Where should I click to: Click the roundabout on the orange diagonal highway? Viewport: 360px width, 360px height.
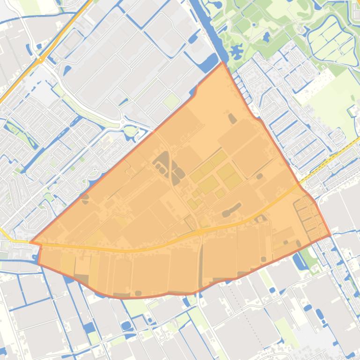coord(41,59)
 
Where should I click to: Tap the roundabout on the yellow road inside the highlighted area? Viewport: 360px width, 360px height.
coord(200,232)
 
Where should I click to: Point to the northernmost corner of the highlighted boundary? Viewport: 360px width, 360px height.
coord(222,62)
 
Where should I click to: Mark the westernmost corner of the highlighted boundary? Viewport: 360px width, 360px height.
coord(30,242)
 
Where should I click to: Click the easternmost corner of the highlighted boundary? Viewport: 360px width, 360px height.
coord(331,235)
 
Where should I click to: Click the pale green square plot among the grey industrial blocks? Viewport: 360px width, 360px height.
coord(172,101)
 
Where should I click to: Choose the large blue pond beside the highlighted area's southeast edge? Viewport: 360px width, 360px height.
coord(300,261)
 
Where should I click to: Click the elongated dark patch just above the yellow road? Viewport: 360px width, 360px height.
coord(232,209)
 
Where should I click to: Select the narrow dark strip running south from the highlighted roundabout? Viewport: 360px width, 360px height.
coord(201,262)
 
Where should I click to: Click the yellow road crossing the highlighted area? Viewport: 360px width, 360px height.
coord(140,249)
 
